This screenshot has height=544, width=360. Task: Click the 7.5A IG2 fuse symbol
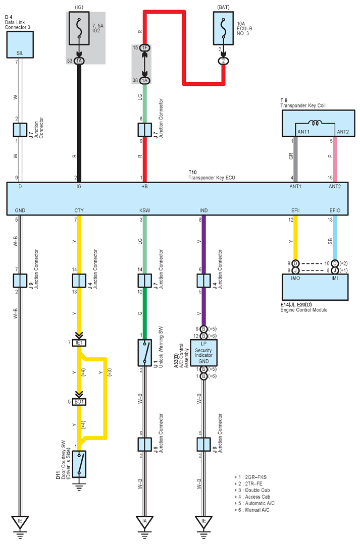tap(79, 28)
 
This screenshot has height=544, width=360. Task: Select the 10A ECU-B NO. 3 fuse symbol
tap(223, 28)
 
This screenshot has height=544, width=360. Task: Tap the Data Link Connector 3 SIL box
tap(20, 44)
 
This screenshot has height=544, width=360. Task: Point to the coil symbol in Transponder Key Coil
tap(316, 123)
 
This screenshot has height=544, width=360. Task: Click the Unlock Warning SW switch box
tap(145, 352)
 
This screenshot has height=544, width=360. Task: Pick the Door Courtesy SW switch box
tap(79, 464)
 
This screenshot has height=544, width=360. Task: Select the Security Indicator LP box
tap(203, 352)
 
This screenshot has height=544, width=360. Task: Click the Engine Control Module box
tap(315, 287)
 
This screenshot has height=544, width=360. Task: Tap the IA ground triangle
tap(145, 521)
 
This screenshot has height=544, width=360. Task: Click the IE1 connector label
tap(79, 343)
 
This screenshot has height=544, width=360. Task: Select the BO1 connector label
tap(79, 402)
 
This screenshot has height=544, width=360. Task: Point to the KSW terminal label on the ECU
tap(145, 210)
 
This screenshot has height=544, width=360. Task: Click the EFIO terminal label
tap(335, 210)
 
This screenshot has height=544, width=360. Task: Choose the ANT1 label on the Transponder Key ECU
tap(295, 186)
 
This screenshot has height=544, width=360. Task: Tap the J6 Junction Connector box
tap(145, 445)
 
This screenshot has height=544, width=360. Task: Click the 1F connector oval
tap(145, 47)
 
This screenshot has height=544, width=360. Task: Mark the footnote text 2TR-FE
tap(254, 483)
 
